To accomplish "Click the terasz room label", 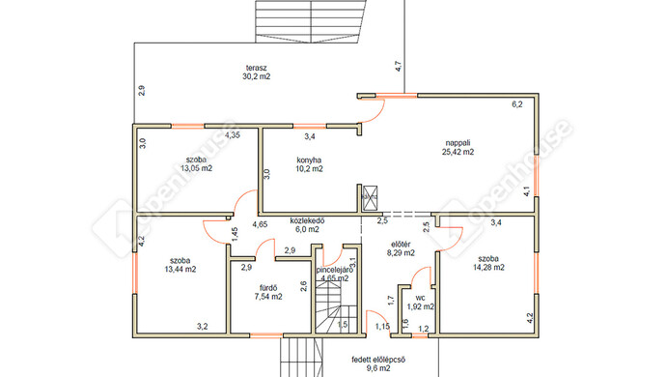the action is coord(256,68).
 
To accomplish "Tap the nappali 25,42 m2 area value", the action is coord(458,152).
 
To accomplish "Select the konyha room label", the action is coord(309,160).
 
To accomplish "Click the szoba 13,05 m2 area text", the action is coord(196,168).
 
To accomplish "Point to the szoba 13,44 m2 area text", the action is coord(180,269).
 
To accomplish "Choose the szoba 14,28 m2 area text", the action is coord(488,267).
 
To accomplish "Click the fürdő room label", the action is coord(268,288).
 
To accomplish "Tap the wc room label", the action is coord(421,298).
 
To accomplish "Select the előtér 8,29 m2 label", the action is coord(401,248).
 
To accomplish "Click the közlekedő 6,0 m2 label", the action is coord(307,225).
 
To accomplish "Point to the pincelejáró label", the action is coord(335,270).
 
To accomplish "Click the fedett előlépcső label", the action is coord(378,360).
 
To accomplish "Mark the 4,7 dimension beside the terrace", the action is coord(399,67).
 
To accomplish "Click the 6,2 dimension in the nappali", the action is coord(517,104).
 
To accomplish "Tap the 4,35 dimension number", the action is coord(233,135).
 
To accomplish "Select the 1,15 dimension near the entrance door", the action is coord(382,327).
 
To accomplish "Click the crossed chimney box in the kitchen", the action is coord(370,198).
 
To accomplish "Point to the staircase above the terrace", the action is coord(311,21).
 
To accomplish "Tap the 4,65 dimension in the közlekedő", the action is coord(260,224).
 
